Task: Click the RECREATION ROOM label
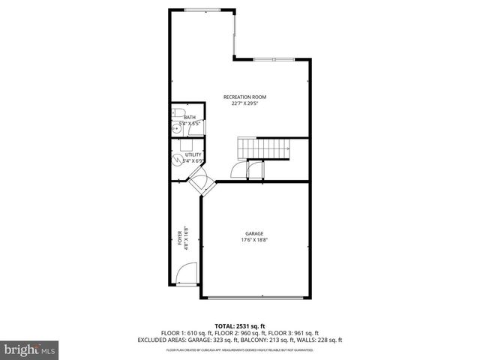click(244, 97)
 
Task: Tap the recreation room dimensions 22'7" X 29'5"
click(244, 103)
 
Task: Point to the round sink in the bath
click(178, 128)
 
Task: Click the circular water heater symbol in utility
click(178, 158)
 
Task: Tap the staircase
click(265, 148)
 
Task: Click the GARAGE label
click(254, 233)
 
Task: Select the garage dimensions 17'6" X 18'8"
click(254, 240)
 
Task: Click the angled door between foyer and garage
click(199, 181)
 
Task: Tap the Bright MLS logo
click(29, 349)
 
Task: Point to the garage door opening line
click(255, 298)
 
